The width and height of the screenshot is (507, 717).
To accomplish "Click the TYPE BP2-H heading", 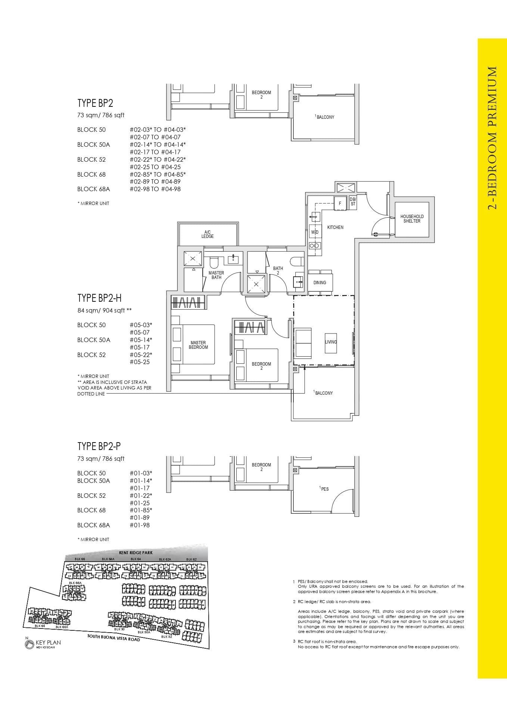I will [99, 298].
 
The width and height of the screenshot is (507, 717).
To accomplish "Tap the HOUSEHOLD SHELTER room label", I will [412, 219].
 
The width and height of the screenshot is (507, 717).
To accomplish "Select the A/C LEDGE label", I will [208, 235].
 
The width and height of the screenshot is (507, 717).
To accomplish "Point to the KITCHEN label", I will [335, 227].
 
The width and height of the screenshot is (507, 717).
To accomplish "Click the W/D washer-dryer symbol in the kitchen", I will [315, 232].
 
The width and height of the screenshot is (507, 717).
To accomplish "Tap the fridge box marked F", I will [340, 204].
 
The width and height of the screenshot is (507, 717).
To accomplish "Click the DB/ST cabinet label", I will [353, 202].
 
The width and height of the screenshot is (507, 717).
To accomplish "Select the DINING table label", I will [320, 283].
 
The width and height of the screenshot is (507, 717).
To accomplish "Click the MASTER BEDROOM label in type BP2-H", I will [198, 345].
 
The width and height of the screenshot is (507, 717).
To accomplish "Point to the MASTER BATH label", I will [216, 275].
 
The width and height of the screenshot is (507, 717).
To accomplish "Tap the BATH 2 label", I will [278, 270].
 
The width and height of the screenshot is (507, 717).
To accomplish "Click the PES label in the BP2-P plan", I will [324, 489].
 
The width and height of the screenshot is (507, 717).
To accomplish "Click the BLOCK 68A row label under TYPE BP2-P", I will [93, 525].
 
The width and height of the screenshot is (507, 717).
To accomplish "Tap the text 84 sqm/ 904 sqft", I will [104, 310].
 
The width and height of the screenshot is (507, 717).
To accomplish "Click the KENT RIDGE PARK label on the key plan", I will [136, 553].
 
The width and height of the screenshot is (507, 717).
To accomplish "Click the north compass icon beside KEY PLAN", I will [29, 644].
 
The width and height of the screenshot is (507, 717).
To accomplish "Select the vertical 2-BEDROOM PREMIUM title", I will [492, 138].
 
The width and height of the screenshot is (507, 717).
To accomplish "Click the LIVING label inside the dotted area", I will [331, 342].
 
